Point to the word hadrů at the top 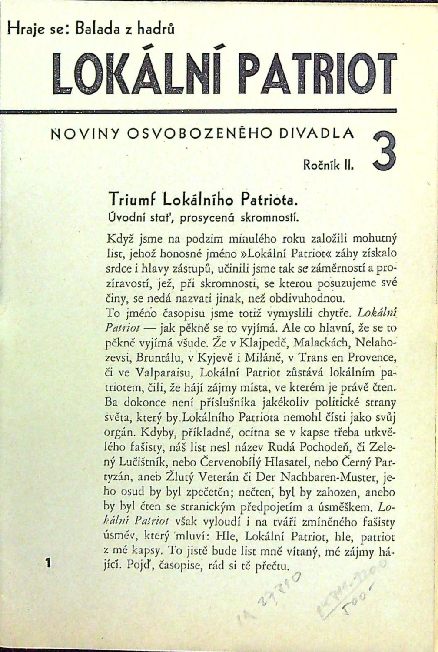point(153,29)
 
